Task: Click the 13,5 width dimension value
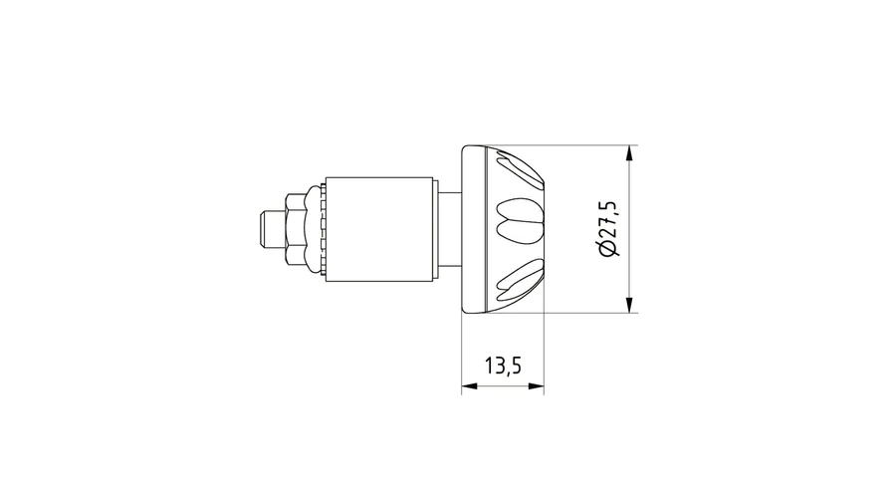[x=503, y=366]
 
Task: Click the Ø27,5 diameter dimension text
[x=607, y=229]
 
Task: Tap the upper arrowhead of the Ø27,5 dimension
[x=630, y=153]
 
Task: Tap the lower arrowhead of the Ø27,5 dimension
[x=630, y=305]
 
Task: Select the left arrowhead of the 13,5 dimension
[x=469, y=386]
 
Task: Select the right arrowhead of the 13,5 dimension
[x=536, y=386]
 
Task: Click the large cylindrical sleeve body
[x=379, y=229]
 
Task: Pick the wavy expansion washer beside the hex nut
[x=314, y=229]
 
